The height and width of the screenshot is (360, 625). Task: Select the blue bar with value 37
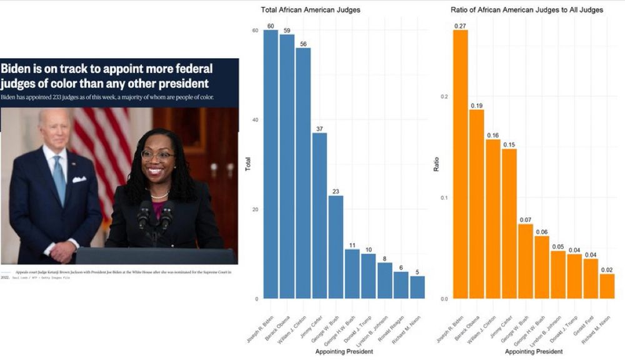[319, 216]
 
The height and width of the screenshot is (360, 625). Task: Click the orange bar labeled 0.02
[607, 286]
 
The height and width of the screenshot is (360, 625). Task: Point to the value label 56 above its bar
[304, 44]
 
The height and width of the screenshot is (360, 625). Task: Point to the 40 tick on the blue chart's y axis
[254, 120]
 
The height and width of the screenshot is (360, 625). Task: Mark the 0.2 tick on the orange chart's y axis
[444, 97]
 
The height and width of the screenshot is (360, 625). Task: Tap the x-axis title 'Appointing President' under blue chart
[344, 351]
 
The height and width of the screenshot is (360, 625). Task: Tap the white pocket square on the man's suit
[79, 179]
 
